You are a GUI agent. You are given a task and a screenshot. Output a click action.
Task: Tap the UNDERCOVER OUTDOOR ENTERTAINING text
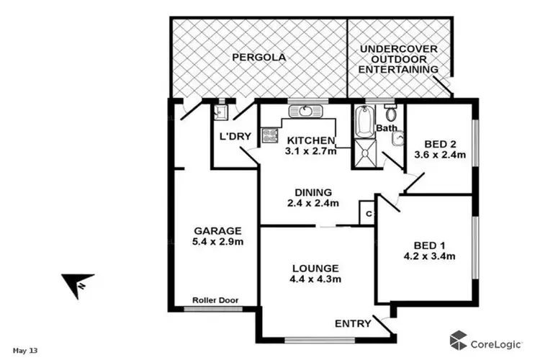click(399, 59)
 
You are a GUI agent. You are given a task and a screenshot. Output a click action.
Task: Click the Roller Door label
click(216, 300)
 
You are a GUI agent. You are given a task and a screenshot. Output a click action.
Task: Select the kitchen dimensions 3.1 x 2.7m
click(310, 153)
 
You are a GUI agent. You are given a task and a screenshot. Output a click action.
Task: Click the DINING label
click(313, 192)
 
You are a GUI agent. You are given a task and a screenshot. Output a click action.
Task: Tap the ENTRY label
click(353, 323)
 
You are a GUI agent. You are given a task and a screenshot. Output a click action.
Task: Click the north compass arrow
click(76, 284)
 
